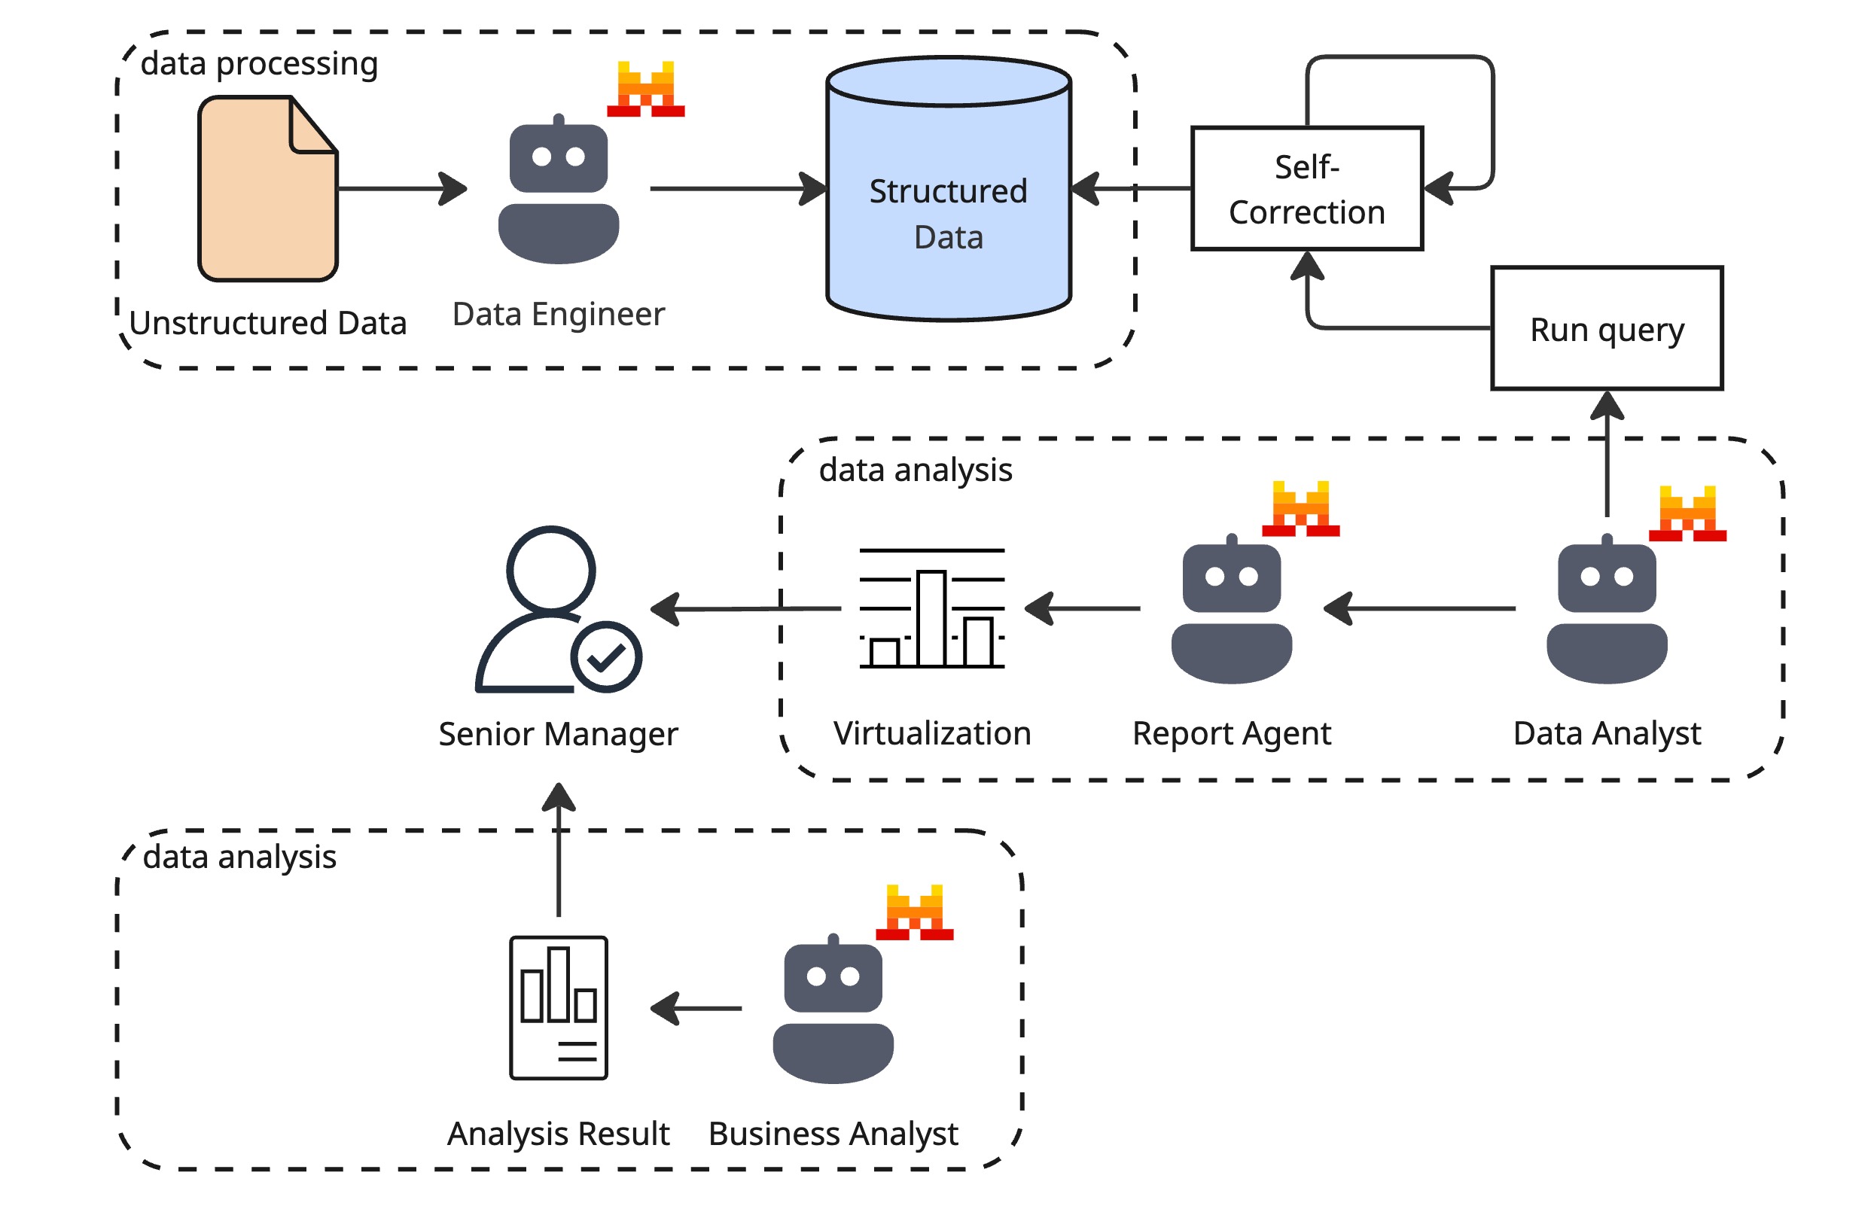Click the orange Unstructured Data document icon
click(267, 188)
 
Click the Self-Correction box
click(1306, 188)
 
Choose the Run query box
click(1605, 328)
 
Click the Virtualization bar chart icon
click(931, 608)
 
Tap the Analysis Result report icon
click(558, 1007)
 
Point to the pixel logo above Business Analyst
click(914, 912)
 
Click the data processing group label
click(259, 63)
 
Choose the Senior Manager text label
click(557, 734)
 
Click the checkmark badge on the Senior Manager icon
click(605, 657)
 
